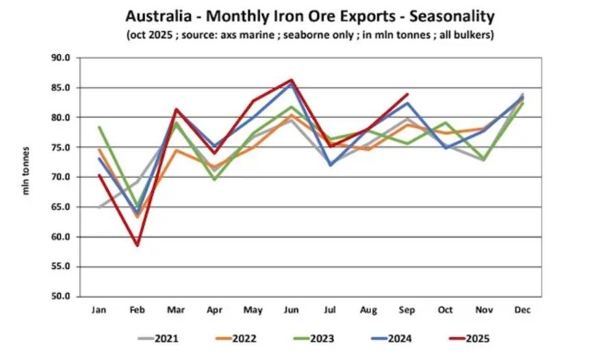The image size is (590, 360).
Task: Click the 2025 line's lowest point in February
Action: [138, 245]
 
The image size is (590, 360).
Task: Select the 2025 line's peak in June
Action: [292, 79]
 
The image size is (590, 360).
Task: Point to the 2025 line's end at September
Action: [407, 94]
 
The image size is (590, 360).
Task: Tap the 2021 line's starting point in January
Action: [99, 207]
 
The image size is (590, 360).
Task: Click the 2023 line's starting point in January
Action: [99, 127]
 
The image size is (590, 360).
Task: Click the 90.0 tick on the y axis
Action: [61, 57]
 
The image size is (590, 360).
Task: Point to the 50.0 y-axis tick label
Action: [61, 296]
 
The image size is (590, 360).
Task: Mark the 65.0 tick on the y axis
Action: [61, 207]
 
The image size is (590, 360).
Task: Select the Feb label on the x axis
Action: [138, 309]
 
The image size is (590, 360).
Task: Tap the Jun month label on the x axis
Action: [292, 309]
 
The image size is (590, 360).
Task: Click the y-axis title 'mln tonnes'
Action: [27, 170]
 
